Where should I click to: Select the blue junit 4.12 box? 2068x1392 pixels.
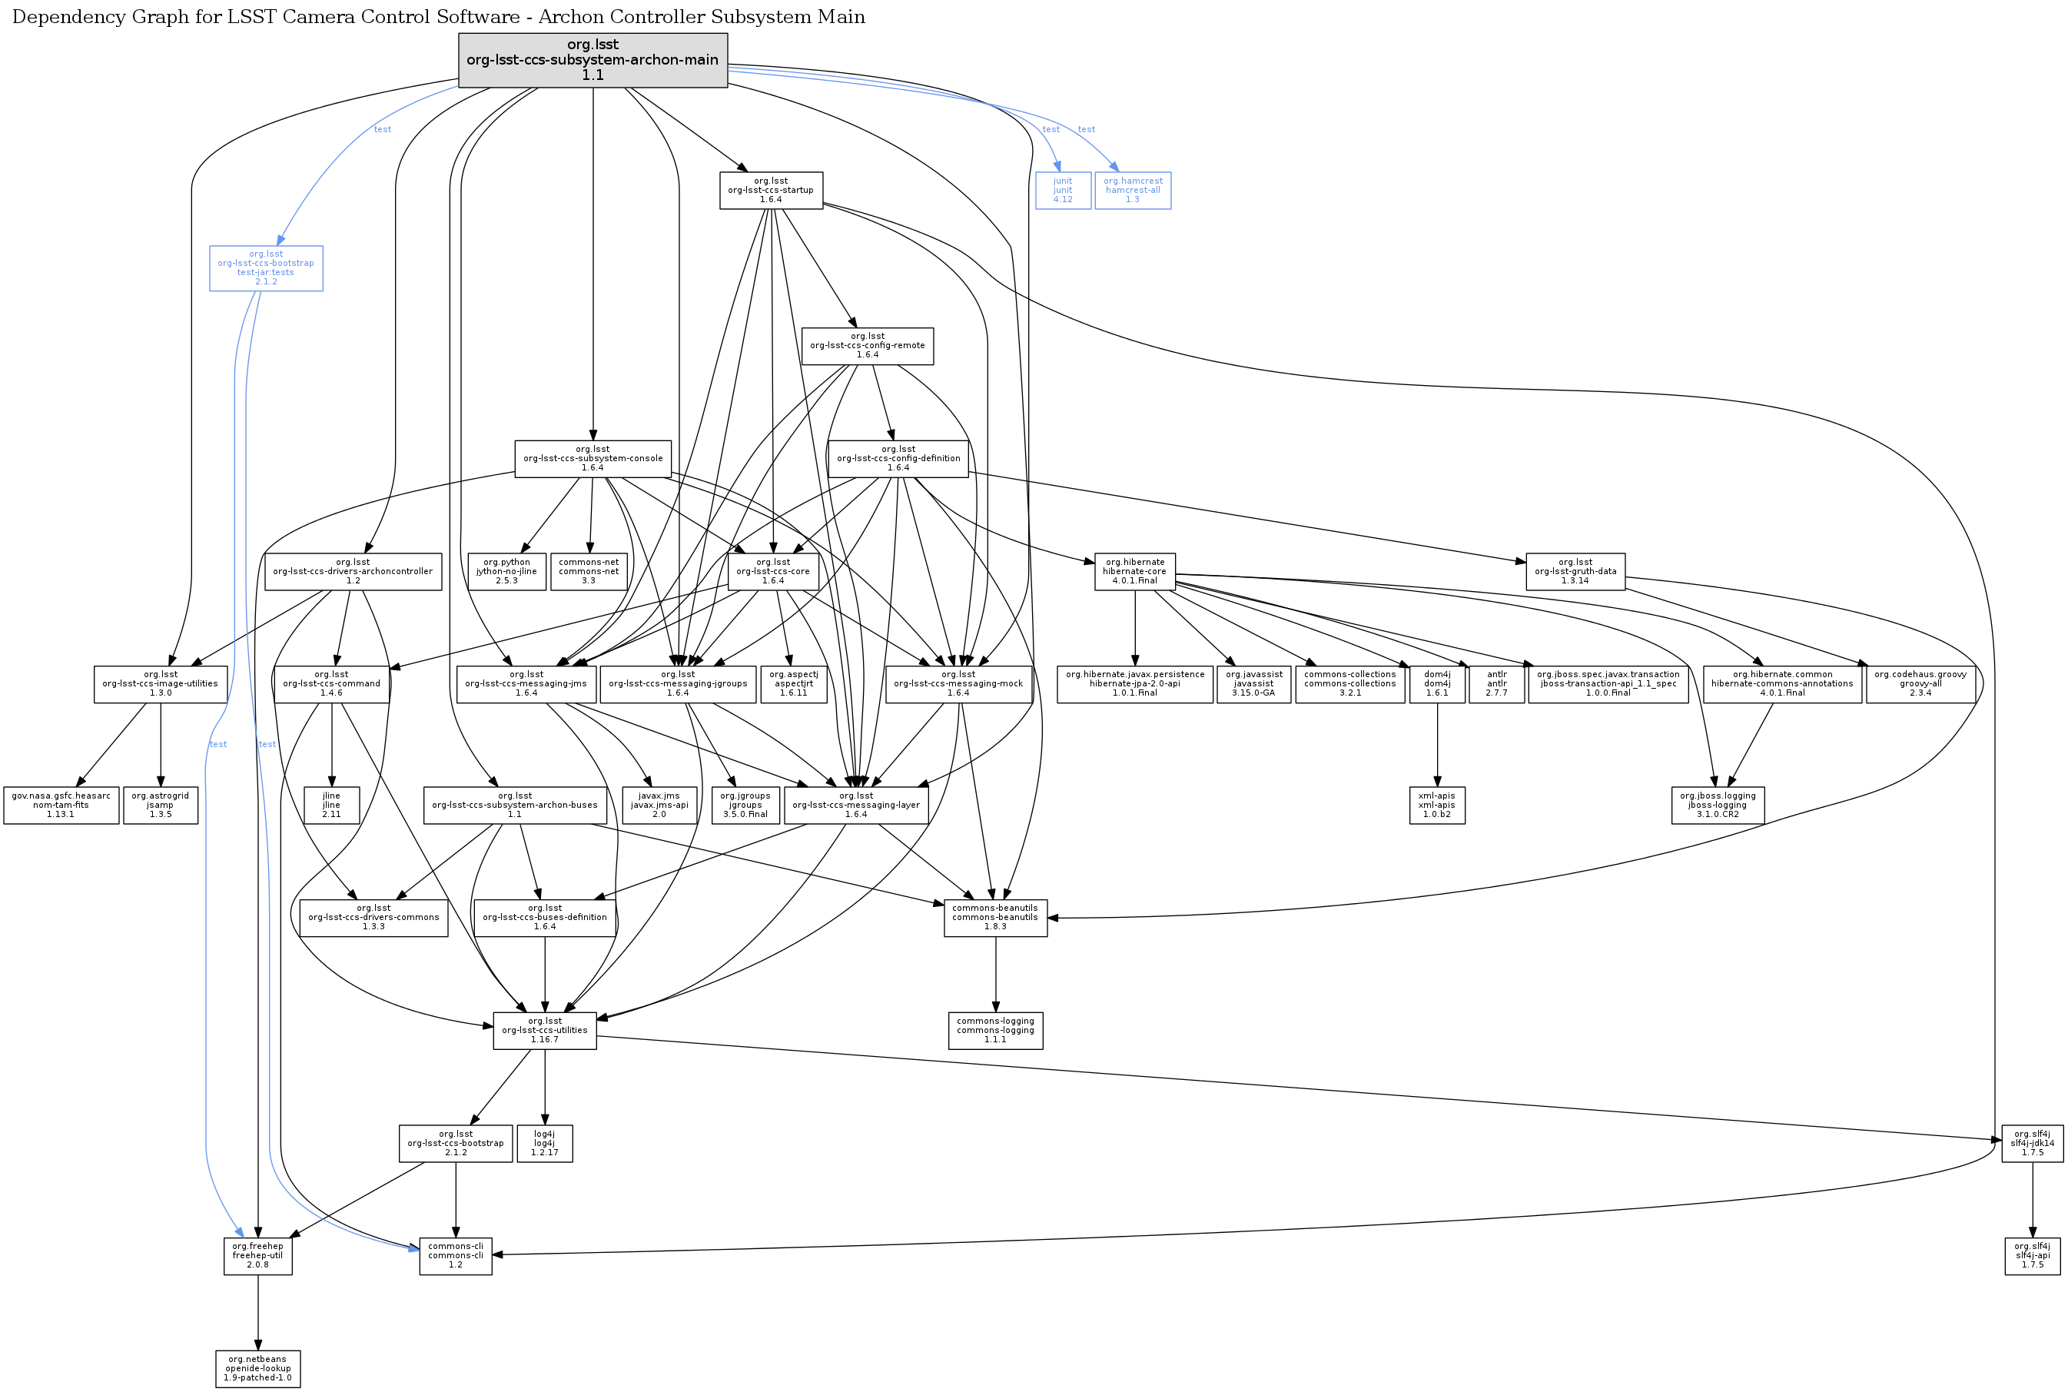(1062, 190)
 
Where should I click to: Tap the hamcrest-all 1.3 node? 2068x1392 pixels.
(1133, 190)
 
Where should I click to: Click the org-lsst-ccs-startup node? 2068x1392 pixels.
(770, 190)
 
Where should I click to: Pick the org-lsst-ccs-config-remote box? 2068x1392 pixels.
(867, 345)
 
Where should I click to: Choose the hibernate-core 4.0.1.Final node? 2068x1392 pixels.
(1134, 571)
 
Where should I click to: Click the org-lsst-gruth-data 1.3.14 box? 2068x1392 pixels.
(1575, 571)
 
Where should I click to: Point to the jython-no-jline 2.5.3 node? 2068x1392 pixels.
(506, 571)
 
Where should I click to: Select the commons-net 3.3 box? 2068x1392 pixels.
(589, 571)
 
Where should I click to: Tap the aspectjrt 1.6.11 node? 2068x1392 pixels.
(794, 683)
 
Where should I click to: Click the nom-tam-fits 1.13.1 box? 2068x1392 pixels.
(61, 806)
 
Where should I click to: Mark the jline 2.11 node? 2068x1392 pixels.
(331, 806)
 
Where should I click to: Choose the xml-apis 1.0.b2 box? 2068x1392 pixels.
(1436, 806)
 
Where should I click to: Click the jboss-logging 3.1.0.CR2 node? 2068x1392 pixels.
(1718, 806)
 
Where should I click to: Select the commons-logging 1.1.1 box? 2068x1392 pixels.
(995, 1030)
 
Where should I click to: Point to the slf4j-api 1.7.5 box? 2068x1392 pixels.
(2033, 1255)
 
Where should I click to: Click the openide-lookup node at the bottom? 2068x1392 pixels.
(257, 1368)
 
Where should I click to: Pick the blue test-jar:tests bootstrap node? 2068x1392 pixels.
(265, 267)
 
